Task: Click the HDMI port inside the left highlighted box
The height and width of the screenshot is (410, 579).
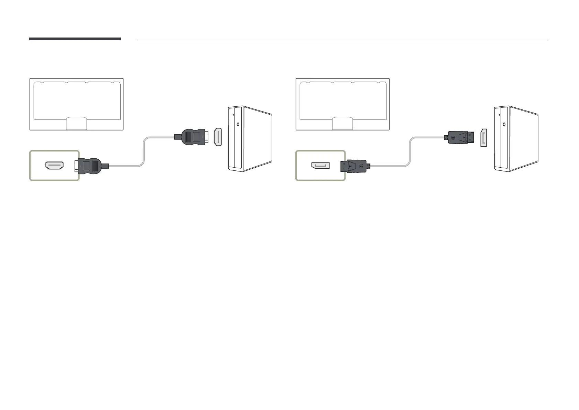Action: pos(54,166)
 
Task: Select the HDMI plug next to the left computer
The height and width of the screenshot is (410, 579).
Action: pos(193,137)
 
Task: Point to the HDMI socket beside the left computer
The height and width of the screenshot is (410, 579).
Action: pos(218,137)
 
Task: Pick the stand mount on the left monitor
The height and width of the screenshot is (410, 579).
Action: pos(76,123)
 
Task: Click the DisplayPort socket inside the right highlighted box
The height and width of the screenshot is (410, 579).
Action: pos(320,166)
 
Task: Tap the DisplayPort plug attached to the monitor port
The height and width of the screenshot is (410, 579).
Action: pos(356,166)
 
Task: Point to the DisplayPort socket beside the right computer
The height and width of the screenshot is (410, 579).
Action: pos(484,138)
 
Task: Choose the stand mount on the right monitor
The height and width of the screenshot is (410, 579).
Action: pos(342,123)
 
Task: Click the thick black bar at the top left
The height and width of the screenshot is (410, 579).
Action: pos(75,39)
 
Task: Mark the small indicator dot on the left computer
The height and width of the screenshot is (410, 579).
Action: pos(233,115)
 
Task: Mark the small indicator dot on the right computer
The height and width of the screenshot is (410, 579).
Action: pos(499,115)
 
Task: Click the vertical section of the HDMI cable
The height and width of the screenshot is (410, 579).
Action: pos(144,151)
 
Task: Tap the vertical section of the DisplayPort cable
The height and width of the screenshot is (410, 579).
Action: pos(410,151)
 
